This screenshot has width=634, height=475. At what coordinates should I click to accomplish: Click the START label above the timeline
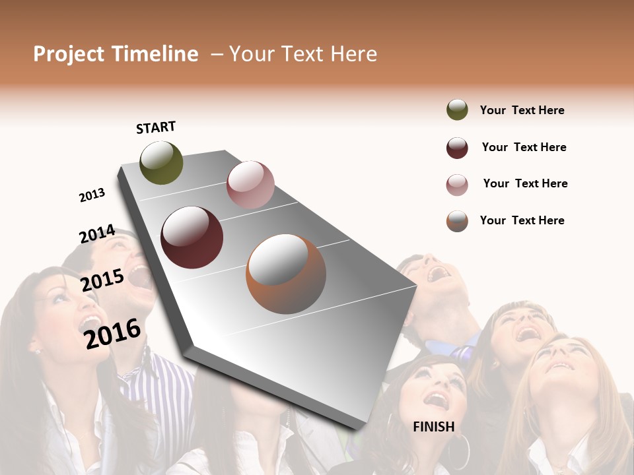point(156,127)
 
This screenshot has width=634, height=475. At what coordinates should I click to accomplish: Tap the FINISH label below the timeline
point(434,427)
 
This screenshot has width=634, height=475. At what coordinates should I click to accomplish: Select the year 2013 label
point(92,195)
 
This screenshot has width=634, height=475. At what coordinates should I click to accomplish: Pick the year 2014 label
point(97,234)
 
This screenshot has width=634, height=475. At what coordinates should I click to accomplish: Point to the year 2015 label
point(102,281)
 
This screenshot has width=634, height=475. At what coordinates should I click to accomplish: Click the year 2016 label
point(112,333)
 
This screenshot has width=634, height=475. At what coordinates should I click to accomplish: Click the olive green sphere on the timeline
point(161,162)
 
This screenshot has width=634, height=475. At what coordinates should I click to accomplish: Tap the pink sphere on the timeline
point(250,185)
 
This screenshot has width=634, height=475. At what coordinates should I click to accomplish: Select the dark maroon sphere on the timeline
point(192,237)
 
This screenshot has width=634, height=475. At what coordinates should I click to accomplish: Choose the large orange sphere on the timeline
point(286,274)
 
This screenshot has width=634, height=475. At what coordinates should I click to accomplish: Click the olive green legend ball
point(457,110)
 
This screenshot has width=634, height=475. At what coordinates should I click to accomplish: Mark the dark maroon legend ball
point(457,148)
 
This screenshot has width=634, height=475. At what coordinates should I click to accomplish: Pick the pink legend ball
point(457,184)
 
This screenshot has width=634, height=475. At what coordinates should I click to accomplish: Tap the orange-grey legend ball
point(457,221)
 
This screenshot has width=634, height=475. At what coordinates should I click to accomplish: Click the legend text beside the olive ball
point(522,110)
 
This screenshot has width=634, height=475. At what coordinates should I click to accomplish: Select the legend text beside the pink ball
point(525,183)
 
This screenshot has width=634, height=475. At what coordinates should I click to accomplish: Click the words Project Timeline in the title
point(116,54)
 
